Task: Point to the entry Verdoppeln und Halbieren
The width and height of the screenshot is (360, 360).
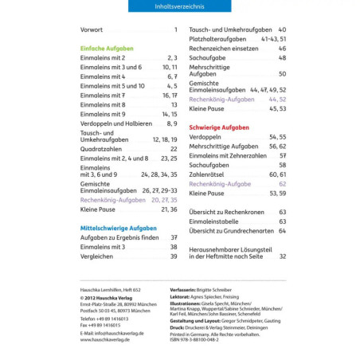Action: (116, 123)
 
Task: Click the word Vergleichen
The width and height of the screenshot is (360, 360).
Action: (96, 256)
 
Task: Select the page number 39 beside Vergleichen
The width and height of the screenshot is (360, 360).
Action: (173, 256)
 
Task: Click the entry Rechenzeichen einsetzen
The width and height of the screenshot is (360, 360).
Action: (224, 48)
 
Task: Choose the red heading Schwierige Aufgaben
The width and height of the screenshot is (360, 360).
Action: (219, 127)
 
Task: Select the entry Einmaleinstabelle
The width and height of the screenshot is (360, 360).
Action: (215, 221)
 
